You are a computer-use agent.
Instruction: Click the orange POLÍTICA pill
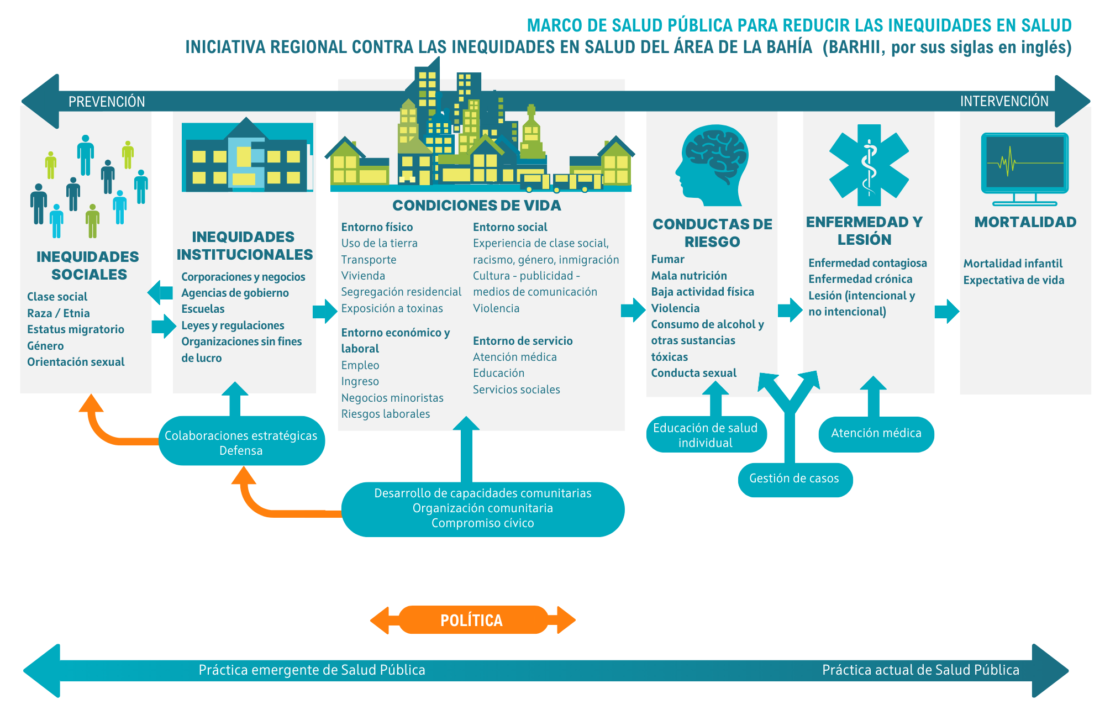[x=472, y=620]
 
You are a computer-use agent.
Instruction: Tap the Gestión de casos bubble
[x=794, y=479]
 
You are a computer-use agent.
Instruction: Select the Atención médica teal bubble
[x=876, y=434]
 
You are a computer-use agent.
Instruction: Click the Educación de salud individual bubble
[x=706, y=435]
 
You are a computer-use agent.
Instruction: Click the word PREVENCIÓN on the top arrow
[x=107, y=102]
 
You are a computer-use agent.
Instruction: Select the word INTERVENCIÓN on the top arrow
[x=1004, y=101]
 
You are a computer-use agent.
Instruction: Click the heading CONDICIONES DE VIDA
[x=476, y=206]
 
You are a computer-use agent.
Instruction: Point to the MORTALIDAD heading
[x=1025, y=222]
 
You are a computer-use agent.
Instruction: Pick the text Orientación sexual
[x=76, y=362]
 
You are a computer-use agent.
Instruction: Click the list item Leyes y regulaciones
[x=233, y=325]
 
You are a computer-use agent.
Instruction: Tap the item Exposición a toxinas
[x=392, y=308]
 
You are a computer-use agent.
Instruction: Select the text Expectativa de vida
[x=1013, y=280]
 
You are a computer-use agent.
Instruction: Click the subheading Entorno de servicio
[x=522, y=341]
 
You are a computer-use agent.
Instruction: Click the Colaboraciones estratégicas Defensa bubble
[x=241, y=442]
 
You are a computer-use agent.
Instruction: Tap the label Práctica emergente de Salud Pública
[x=312, y=670]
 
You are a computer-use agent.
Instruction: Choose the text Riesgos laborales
[x=385, y=414]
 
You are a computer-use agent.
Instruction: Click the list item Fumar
[x=667, y=259]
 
